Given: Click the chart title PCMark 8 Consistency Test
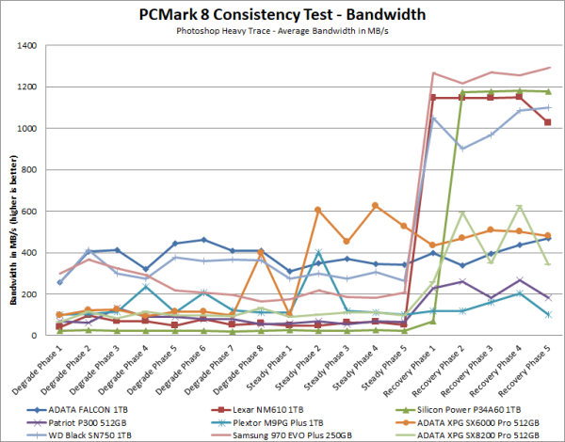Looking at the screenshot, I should [282, 13].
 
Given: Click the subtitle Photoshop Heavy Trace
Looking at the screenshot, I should [282, 31].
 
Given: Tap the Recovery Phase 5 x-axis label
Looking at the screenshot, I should [532, 366].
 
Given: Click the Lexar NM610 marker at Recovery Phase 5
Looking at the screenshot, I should [547, 122].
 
